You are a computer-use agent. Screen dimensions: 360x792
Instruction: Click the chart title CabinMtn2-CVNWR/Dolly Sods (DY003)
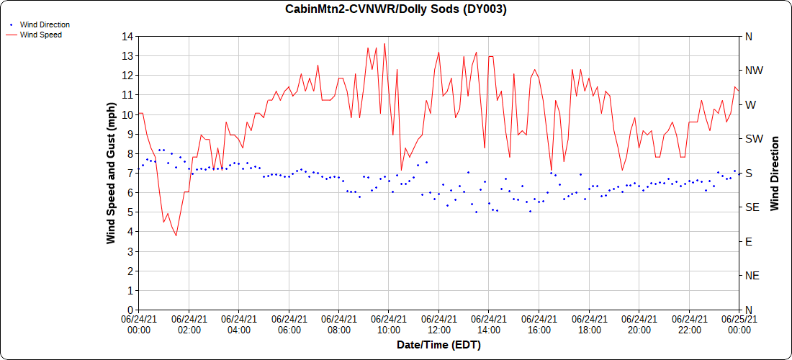[x=396, y=9]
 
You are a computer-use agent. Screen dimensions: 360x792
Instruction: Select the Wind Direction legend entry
[x=45, y=24]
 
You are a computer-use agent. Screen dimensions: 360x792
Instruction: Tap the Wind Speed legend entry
[x=40, y=35]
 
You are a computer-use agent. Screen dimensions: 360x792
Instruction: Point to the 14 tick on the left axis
[x=127, y=36]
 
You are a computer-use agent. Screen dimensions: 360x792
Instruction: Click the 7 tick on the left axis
[x=130, y=173]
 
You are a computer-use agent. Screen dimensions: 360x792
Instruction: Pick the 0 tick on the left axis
[x=130, y=310]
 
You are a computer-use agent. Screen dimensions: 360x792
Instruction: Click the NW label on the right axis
[x=754, y=71]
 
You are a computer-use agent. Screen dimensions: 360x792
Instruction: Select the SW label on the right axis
[x=754, y=139]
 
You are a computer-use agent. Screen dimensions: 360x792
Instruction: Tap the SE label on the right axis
[x=752, y=207]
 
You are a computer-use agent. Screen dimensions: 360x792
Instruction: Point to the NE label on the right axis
[x=752, y=276]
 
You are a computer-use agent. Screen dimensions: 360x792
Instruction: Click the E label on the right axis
[x=748, y=241]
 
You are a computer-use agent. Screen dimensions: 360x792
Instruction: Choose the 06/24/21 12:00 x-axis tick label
[x=438, y=324]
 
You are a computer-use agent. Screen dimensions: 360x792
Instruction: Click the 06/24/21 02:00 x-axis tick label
[x=189, y=324]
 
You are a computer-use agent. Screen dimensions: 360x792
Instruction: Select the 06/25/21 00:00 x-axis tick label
[x=738, y=324]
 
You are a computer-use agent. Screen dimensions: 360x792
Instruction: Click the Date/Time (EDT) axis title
[x=438, y=345]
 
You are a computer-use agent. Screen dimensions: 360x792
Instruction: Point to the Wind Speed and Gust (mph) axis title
[x=111, y=173]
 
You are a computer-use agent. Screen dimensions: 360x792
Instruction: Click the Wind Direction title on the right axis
[x=775, y=173]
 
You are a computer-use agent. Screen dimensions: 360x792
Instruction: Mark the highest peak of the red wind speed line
[x=384, y=43]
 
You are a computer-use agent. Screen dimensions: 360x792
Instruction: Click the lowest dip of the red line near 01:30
[x=176, y=235]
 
